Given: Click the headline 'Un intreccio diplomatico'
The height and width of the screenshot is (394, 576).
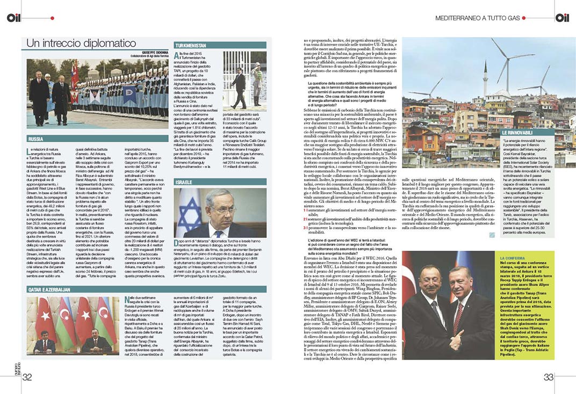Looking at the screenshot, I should [x=81, y=43].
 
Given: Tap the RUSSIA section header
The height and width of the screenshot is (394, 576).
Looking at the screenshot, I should [x=38, y=139].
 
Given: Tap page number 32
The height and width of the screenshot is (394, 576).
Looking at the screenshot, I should [x=27, y=377].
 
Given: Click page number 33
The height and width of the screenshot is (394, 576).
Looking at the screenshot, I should [x=548, y=377].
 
